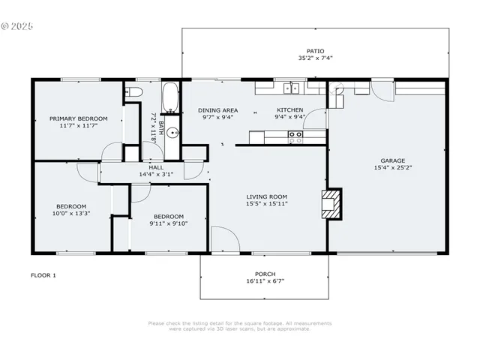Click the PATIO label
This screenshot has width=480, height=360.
pos(314,52)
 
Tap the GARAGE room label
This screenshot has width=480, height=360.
pos(392,160)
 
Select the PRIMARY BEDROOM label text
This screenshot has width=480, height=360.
pos(79,118)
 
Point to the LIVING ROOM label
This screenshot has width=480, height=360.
pos(267,197)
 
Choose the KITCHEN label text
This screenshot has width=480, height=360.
pos(289,110)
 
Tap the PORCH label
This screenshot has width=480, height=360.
pos(265,274)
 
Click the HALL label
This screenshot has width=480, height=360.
pos(156,167)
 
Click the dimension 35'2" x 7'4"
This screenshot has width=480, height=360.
pos(314,58)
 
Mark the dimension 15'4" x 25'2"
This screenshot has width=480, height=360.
pos(392,167)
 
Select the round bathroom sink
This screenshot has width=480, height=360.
pos(172,135)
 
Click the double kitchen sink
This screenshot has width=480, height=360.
pos(292,88)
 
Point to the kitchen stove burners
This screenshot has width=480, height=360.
pos(295,136)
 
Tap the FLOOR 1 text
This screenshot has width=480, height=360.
pos(43,275)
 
